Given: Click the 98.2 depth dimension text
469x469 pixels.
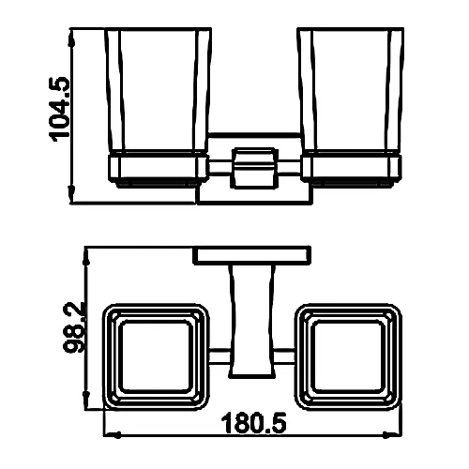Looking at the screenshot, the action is (74, 327).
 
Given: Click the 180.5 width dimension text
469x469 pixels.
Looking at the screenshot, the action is (253, 423).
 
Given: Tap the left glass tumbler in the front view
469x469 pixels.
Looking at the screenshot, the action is (158, 91).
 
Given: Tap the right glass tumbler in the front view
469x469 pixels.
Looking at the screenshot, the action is (351, 91).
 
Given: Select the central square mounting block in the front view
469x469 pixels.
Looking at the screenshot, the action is (254, 168).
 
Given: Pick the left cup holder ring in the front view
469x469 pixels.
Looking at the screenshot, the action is (158, 168).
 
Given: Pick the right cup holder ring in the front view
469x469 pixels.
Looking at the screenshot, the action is (351, 168).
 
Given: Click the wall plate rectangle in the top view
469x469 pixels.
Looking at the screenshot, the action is (252, 255).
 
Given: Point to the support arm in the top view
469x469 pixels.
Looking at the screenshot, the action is (252, 321).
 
